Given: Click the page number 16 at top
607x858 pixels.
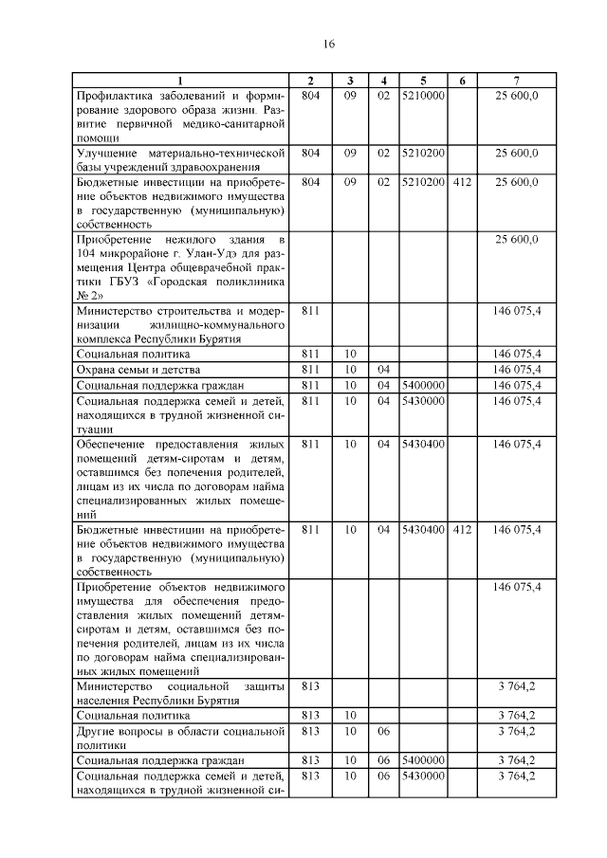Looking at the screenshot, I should click(x=329, y=44).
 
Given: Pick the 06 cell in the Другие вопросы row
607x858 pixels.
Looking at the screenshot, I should click(x=383, y=731).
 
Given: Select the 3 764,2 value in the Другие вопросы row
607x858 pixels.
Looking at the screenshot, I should click(x=516, y=731).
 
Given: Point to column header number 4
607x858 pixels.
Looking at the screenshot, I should click(x=383, y=81).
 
